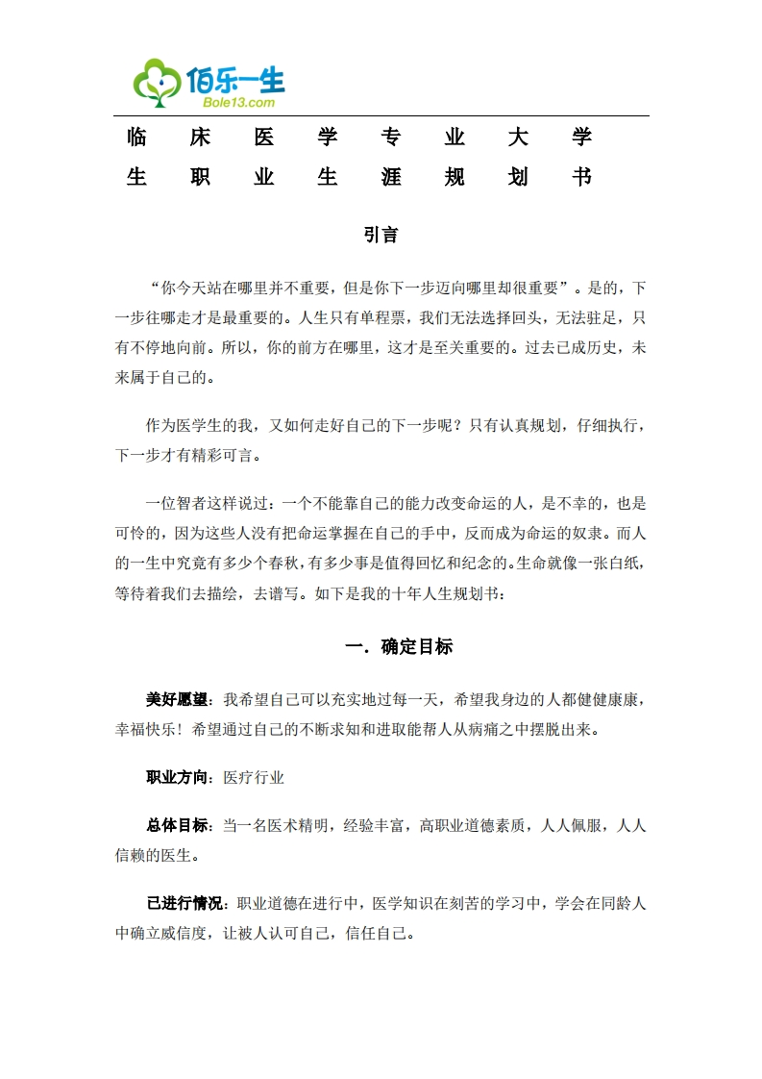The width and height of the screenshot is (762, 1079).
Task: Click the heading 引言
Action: [x=381, y=235]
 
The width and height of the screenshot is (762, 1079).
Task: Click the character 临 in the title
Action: [x=136, y=137]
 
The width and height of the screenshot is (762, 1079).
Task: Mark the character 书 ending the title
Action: [x=580, y=177]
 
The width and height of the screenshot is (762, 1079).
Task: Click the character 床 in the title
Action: [x=200, y=137]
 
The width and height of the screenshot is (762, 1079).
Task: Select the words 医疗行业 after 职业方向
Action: [x=254, y=778]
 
